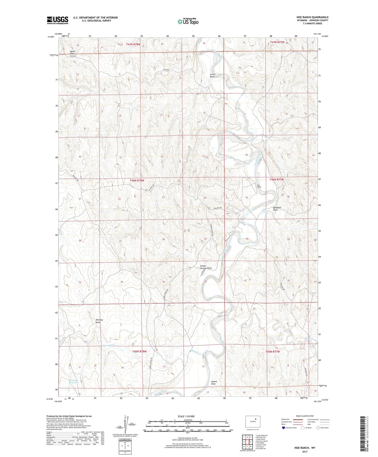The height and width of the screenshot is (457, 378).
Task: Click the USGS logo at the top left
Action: pos(57,20)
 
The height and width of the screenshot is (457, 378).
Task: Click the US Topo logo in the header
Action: pos(188,21)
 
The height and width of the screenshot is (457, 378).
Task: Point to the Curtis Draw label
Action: pos(212,75)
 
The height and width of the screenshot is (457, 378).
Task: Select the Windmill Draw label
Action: pos(277,209)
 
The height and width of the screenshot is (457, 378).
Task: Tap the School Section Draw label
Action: pos(206,267)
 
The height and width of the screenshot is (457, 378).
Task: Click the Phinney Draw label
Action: pos(99,321)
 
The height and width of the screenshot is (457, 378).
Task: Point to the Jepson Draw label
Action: pos(214,383)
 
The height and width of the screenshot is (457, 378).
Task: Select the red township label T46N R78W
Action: pos(137,181)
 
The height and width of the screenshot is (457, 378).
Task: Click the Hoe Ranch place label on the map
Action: pos(259,186)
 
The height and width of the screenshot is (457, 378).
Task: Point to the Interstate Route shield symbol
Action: pos(284,428)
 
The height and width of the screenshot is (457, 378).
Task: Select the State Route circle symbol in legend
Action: pos(318,428)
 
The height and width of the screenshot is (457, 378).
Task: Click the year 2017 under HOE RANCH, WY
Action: pos(305,452)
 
